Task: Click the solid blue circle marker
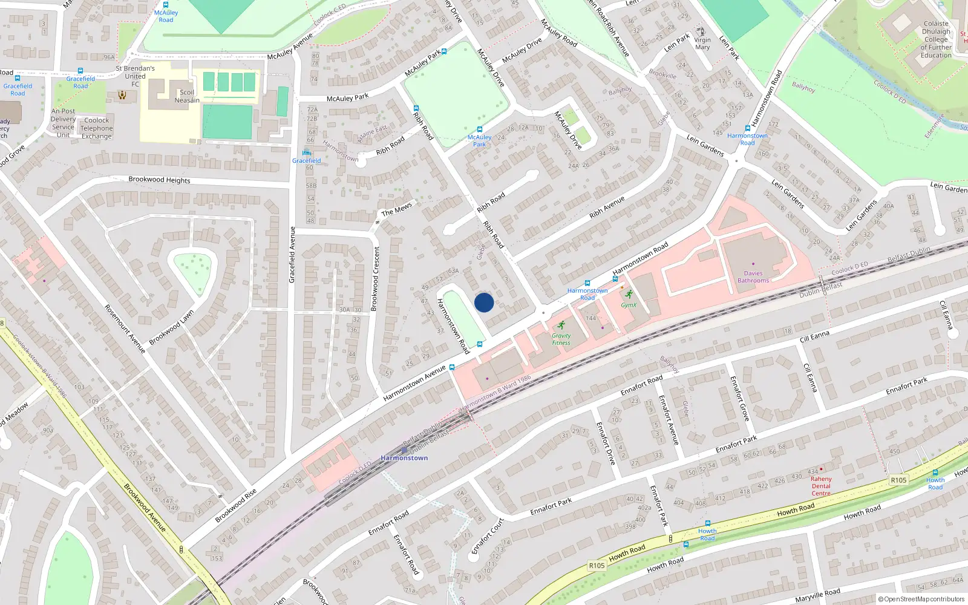click(484, 302)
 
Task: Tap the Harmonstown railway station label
click(404, 458)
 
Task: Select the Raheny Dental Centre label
click(821, 486)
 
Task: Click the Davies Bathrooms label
click(753, 276)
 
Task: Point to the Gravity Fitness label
click(561, 339)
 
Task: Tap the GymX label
click(629, 305)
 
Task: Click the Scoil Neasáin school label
click(187, 96)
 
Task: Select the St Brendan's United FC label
click(135, 76)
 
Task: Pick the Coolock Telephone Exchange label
click(97, 128)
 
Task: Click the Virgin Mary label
click(702, 44)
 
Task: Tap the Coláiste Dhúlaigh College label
click(936, 39)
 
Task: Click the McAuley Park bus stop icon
click(479, 129)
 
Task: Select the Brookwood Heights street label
click(159, 180)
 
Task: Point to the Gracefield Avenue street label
click(292, 255)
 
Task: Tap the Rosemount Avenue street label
click(125, 329)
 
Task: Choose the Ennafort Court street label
click(488, 535)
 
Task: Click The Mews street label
click(396, 209)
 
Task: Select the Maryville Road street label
click(817, 595)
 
